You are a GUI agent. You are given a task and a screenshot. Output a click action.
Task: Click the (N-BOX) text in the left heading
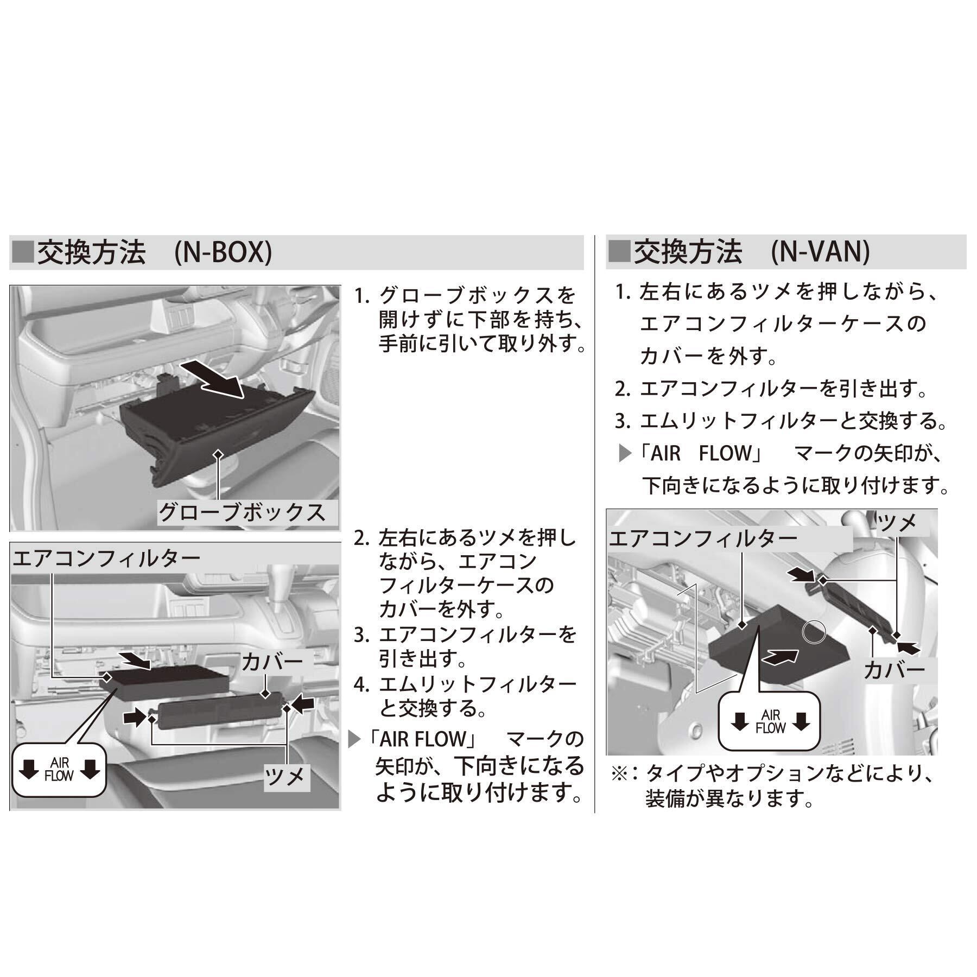[x=223, y=252]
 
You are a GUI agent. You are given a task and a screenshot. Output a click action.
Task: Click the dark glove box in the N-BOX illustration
[x=217, y=429]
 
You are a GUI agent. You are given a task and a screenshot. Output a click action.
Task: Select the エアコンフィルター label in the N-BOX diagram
[x=106, y=557]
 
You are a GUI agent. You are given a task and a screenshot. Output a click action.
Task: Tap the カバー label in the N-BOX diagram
[x=272, y=662]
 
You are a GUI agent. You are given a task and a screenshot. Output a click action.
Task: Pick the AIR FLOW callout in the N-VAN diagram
[x=770, y=721]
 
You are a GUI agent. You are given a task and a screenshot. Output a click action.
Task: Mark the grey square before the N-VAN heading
[x=619, y=252]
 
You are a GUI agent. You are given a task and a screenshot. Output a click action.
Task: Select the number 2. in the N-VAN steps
[x=622, y=389]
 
